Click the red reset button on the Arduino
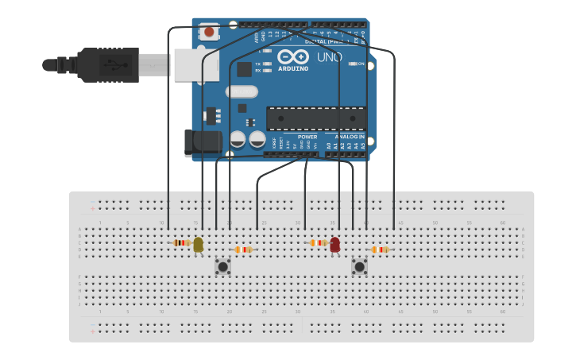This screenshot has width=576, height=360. coord(209,33)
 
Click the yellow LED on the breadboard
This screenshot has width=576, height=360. coord(198,245)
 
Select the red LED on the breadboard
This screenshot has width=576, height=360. coord(334,245)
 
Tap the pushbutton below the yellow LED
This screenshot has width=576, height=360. coord(223,267)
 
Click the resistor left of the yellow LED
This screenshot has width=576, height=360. coord(182,242)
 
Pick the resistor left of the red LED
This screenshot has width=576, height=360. coord(318,242)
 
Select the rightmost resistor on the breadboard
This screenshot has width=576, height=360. coord(380,250)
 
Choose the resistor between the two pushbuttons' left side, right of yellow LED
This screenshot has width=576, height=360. coord(243,250)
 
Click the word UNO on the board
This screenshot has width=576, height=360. coord(328,57)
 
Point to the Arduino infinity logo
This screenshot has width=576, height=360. coord(292,57)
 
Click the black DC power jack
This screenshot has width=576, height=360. coord(203,142)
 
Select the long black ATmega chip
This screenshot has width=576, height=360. coord(316,118)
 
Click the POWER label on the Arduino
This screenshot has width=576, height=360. coord(307,137)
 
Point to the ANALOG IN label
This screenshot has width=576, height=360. coord(350,137)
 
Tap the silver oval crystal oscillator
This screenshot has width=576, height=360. coord(242,91)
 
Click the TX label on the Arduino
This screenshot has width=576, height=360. coord(257,63)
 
